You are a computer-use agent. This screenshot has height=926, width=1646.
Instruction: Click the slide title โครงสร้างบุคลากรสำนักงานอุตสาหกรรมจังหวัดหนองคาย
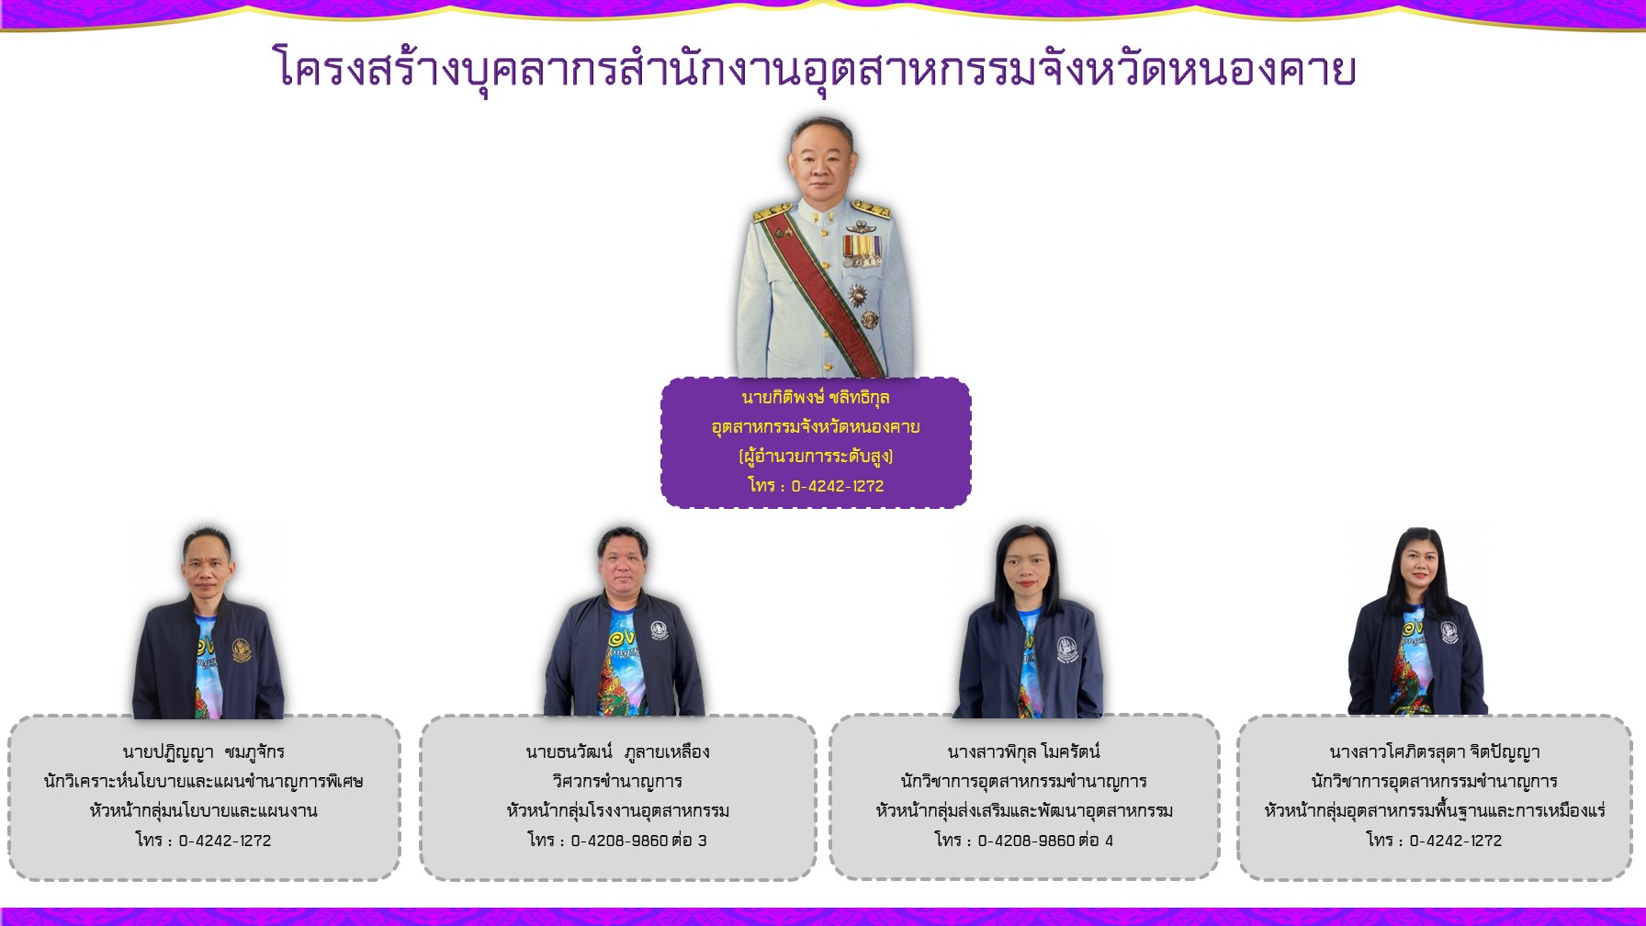click(814, 70)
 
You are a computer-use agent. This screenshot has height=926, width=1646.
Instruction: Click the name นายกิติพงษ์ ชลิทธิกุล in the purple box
click(815, 398)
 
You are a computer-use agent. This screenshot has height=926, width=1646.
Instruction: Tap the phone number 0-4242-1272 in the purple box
click(837, 486)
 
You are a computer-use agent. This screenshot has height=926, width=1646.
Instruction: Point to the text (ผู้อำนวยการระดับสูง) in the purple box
click(815, 457)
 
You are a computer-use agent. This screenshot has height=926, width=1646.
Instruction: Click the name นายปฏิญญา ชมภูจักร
click(203, 752)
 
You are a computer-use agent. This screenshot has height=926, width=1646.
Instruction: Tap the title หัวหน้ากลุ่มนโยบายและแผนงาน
click(203, 811)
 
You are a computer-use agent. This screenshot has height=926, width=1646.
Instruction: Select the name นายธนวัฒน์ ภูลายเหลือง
click(617, 752)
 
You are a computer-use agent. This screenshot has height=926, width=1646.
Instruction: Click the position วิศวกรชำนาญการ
click(617, 782)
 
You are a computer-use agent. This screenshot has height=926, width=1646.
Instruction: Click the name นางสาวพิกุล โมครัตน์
click(1023, 752)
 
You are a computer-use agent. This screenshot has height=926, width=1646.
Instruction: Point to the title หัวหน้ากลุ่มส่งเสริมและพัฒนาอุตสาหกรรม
click(1023, 811)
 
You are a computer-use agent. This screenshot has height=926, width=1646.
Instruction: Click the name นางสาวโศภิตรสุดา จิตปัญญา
click(1434, 752)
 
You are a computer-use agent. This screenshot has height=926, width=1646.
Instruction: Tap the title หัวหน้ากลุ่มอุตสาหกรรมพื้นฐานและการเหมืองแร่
click(1434, 811)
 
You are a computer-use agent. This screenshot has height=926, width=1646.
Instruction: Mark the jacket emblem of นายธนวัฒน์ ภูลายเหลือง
click(659, 631)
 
